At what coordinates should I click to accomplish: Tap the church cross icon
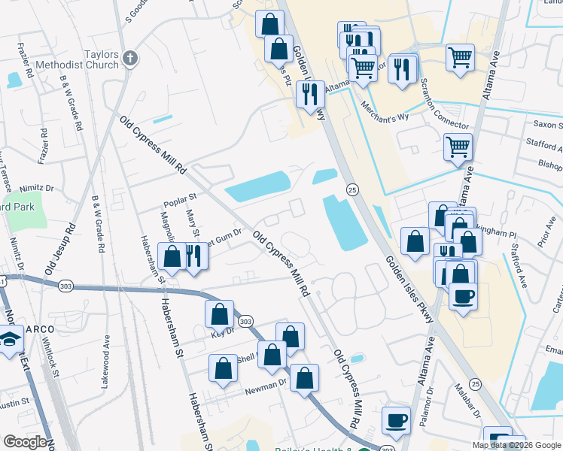click(x=130, y=58)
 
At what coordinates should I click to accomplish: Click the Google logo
click(x=25, y=442)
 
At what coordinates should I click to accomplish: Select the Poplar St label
click(x=181, y=200)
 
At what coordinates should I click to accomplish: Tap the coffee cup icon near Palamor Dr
click(x=396, y=421)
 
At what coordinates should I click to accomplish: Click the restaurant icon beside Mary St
click(x=195, y=256)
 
